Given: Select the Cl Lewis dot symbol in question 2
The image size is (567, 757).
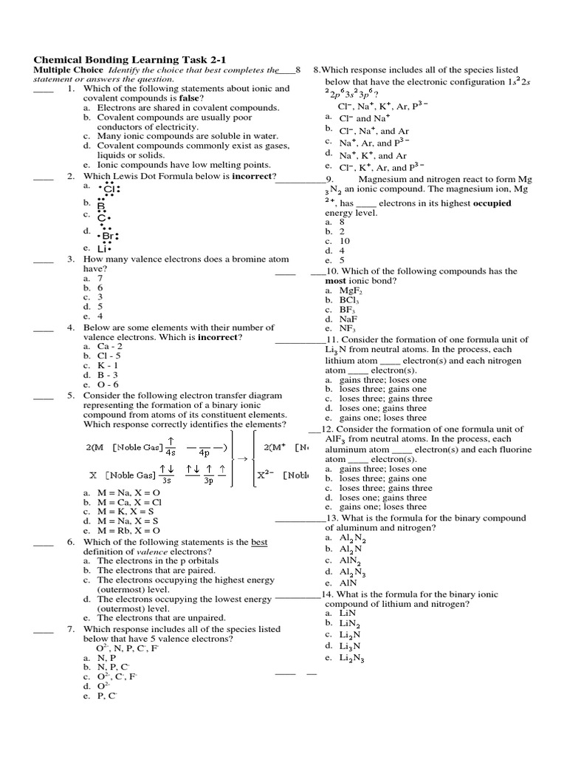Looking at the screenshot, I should click(x=109, y=189).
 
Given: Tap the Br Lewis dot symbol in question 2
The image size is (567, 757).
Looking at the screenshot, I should click(x=107, y=236).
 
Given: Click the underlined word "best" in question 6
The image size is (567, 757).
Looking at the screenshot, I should click(x=258, y=542).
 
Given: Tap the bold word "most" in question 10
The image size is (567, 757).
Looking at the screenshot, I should click(x=337, y=281).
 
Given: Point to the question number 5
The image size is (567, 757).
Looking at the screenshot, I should click(x=70, y=396).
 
